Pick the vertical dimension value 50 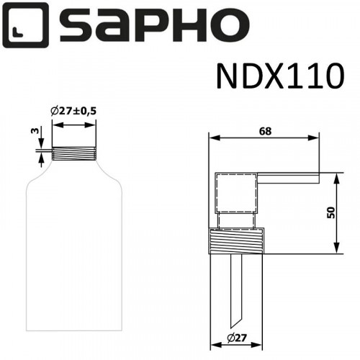coord(330,212)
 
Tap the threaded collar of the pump coord(237,240)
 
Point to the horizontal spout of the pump coord(288,176)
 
